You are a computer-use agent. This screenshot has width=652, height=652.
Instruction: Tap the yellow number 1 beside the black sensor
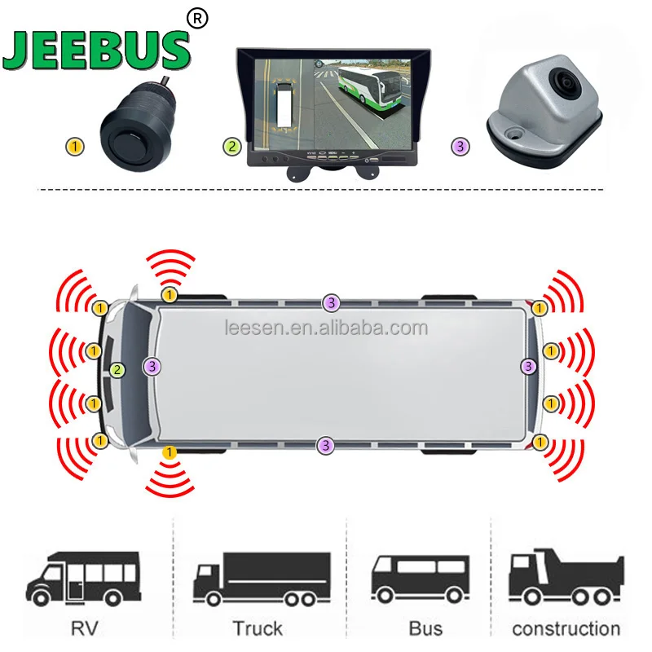(75, 147)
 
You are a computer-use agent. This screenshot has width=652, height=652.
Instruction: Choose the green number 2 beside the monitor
(232, 147)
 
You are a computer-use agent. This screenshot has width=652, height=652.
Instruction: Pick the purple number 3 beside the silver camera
(460, 147)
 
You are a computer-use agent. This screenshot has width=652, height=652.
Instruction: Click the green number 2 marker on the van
(118, 369)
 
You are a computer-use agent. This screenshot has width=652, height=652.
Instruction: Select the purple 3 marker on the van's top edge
(330, 302)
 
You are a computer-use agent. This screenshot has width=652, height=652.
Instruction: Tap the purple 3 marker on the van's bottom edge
(326, 445)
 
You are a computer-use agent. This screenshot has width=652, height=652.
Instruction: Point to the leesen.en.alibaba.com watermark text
(325, 328)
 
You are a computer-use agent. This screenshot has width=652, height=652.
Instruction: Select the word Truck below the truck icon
(257, 628)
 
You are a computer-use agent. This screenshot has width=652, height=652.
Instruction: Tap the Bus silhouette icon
(420, 578)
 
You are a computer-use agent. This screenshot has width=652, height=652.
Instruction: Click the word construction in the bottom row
(566, 628)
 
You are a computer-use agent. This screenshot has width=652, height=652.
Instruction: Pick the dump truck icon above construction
(566, 578)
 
